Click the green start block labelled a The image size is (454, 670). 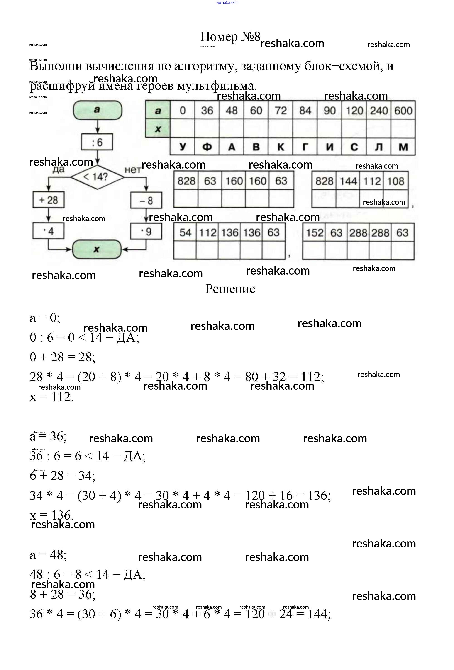click(x=97, y=110)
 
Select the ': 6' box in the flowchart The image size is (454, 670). click(x=97, y=142)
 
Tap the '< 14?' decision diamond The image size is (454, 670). click(x=97, y=177)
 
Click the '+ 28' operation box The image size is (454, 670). click(x=49, y=200)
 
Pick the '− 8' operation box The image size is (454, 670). click(x=146, y=200)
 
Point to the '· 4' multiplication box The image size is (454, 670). click(x=48, y=231)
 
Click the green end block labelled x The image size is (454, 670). click(x=97, y=249)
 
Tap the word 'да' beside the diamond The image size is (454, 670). click(x=58, y=169)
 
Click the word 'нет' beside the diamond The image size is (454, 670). click(x=132, y=170)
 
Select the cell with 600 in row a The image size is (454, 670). click(x=403, y=110)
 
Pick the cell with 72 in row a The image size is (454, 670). click(x=281, y=110)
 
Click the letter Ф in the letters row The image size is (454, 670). click(x=207, y=147)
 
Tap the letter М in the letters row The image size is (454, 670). click(x=403, y=147)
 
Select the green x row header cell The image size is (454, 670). click(x=158, y=128)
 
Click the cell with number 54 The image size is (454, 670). click(x=185, y=232)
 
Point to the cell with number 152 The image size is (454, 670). click(x=314, y=232)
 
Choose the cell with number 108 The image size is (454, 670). click(x=395, y=181)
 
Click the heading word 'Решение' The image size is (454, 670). click(x=230, y=289)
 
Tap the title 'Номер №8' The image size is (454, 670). click(x=230, y=37)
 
